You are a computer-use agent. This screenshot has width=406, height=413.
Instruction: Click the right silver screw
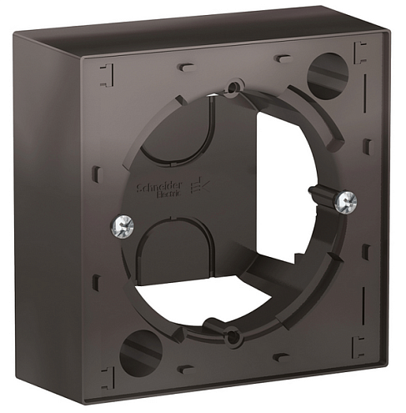click(x=348, y=200)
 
